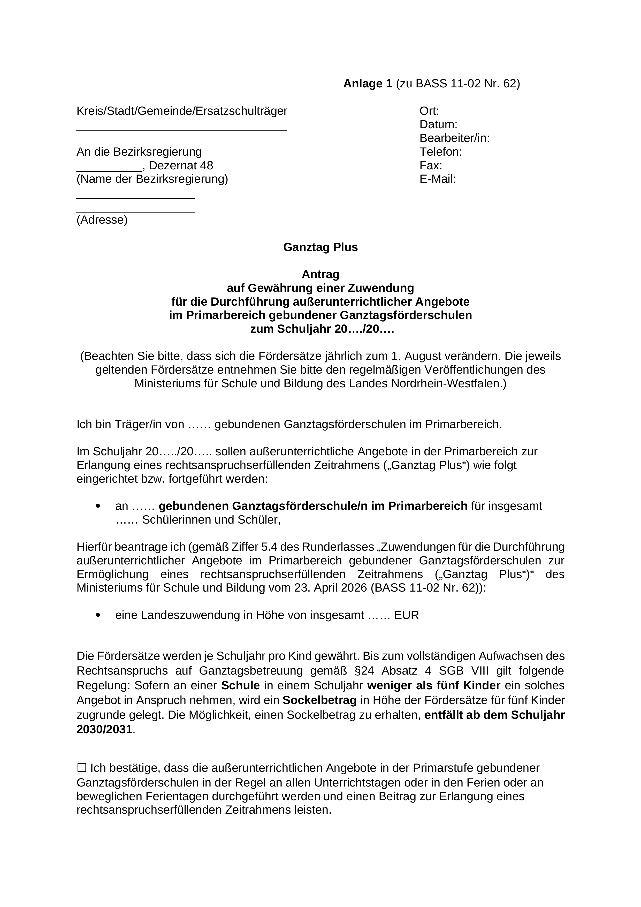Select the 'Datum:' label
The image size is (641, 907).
438,124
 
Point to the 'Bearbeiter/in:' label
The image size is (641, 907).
454,138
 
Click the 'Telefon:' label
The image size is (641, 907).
440,152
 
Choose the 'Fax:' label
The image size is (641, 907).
431,165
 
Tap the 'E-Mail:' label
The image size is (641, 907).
438,179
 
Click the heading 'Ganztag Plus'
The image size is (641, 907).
320,247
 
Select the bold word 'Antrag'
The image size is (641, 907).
320,274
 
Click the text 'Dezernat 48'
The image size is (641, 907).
181,165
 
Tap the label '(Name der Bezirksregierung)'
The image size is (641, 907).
152,179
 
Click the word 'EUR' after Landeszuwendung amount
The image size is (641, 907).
406,615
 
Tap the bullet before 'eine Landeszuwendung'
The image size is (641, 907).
98,615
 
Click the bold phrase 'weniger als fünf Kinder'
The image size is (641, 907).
434,685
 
